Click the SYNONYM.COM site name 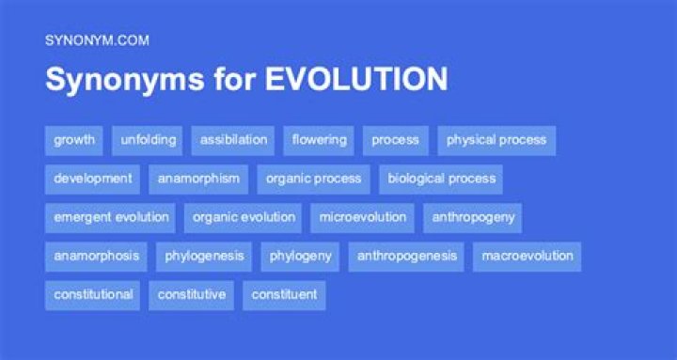point(97,39)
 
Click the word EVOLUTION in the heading point(356,80)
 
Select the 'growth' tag point(74,140)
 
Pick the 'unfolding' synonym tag point(148,140)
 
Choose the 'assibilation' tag point(233,140)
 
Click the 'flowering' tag point(319,140)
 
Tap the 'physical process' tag point(496,140)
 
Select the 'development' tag point(92,179)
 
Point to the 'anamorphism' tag point(198,179)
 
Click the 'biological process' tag point(441,179)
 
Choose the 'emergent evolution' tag point(111,217)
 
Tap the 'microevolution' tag point(362,217)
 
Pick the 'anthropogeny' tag point(473,217)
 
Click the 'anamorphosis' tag point(96,256)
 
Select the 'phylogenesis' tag point(204,256)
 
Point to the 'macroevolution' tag point(527,256)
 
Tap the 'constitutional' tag point(92,294)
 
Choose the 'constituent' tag point(284,294)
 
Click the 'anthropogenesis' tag point(406,256)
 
